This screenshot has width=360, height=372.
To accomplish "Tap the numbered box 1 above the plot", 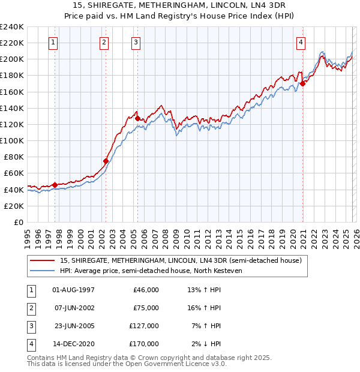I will click(x=54, y=42).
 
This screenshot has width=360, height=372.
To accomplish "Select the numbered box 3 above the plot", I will click(x=136, y=42).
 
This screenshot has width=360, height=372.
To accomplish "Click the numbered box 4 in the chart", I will click(x=301, y=42).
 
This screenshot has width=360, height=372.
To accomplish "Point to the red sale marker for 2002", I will click(x=106, y=161).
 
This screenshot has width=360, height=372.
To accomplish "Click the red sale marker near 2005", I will click(x=137, y=119).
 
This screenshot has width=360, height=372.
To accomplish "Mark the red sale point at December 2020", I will click(x=303, y=83).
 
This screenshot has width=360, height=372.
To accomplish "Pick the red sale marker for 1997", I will click(x=55, y=185).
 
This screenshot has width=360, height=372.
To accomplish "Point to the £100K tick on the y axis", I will click(x=12, y=140).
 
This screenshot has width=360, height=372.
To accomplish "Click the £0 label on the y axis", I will click(x=18, y=222).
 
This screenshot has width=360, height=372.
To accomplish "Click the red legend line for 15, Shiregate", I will click(x=43, y=260).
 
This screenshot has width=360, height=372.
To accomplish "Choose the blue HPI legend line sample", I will click(x=43, y=271).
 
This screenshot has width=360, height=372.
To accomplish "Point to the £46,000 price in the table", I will click(x=146, y=290).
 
